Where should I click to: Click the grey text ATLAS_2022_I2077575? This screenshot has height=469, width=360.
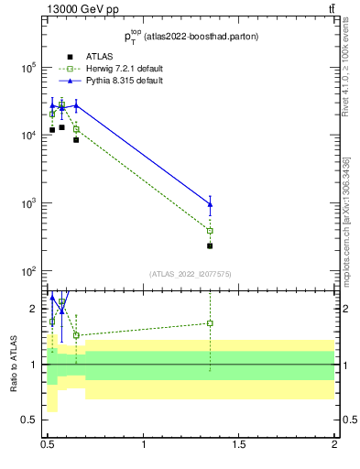(190, 274)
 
